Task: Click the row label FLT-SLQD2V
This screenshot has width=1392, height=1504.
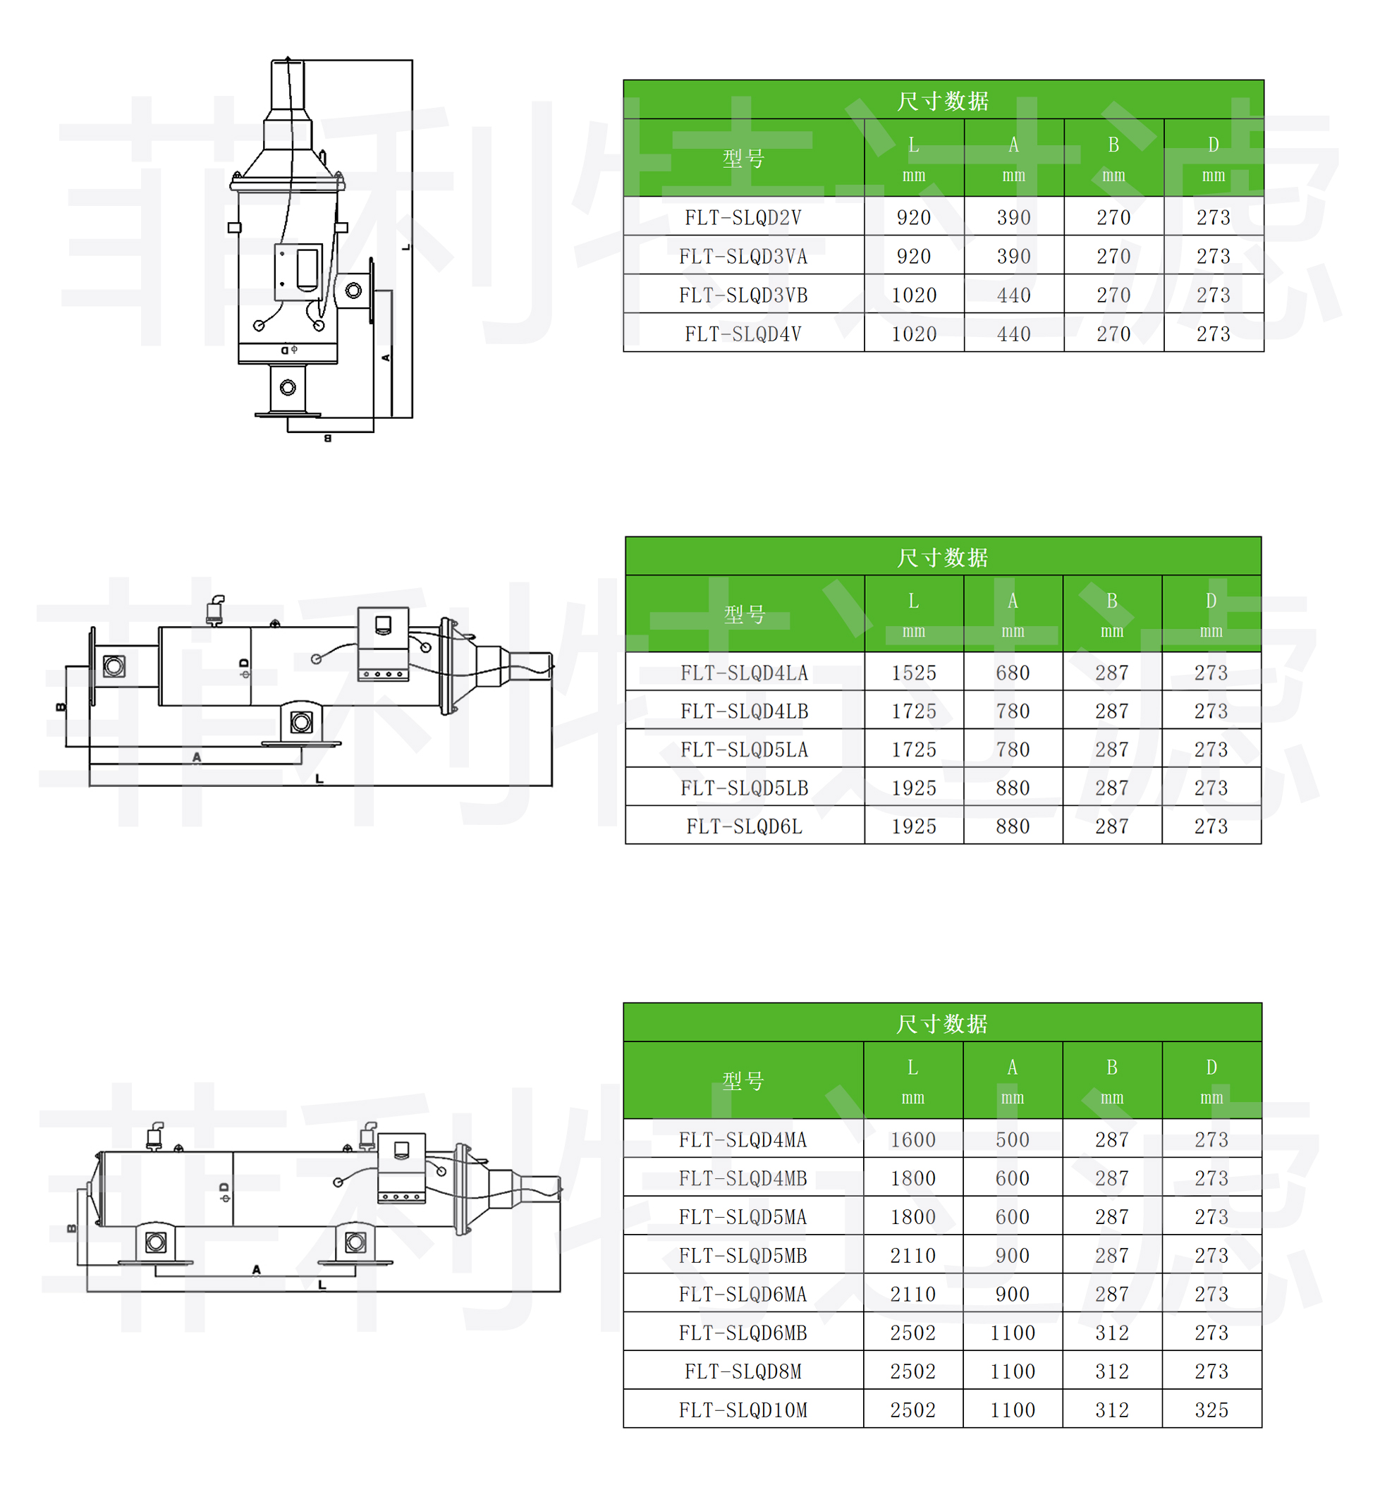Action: point(743,218)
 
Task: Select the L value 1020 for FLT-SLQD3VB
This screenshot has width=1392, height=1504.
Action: point(914,295)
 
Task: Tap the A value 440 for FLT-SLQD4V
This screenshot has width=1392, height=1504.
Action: point(1014,334)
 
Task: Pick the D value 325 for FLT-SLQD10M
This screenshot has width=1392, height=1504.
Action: point(1211,1410)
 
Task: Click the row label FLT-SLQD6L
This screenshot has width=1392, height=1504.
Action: point(744,826)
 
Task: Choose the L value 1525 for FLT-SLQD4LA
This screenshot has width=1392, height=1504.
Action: point(914,673)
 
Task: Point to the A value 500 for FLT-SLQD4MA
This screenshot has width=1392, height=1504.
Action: point(1013,1139)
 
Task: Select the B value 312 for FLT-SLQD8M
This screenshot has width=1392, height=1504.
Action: point(1112,1371)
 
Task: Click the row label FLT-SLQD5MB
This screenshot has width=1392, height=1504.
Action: point(743,1256)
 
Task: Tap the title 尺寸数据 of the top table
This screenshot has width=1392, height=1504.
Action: point(943,101)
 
